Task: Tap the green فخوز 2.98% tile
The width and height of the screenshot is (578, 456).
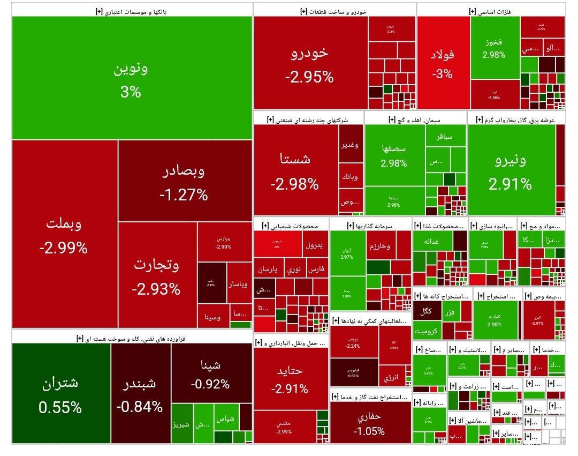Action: [494, 48]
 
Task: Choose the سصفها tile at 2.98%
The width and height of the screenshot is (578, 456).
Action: [394, 155]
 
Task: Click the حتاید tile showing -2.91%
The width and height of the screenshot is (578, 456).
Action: [290, 379]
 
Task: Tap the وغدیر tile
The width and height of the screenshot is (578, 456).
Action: [350, 145]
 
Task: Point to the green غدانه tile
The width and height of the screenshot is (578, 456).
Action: [432, 242]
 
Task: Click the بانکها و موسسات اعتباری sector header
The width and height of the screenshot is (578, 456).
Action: [131, 11]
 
